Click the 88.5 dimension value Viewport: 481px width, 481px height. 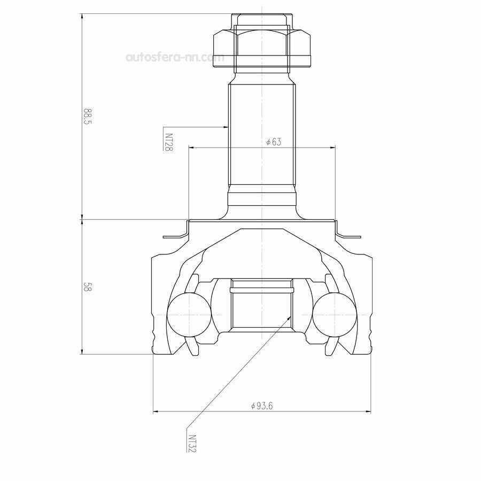click(88, 116)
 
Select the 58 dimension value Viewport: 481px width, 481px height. click(88, 288)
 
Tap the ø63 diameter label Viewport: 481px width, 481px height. click(274, 142)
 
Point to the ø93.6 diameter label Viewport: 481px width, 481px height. click(262, 406)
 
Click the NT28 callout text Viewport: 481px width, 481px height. click(169, 142)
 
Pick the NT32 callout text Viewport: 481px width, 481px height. click(192, 443)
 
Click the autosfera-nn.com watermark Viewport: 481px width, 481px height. click(175, 57)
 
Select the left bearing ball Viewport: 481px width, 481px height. click(189, 315)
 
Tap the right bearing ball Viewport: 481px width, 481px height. click(335, 315)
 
